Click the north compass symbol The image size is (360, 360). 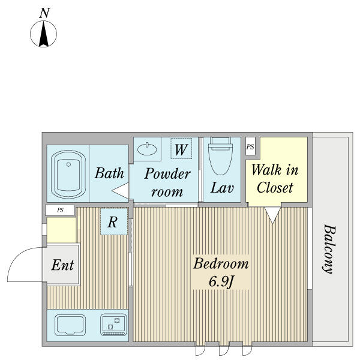coord(43,34)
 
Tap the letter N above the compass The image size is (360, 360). coord(44,13)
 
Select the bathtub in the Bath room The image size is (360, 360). coord(68,174)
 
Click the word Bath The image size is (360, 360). coord(109,173)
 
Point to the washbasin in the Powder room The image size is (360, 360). coord(147,149)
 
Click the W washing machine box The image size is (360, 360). coord(181,148)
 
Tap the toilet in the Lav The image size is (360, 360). coord(220,156)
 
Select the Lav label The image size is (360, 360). coord(222,188)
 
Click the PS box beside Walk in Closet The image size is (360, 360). coord(250,146)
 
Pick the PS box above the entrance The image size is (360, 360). coord(60,210)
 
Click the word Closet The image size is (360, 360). coord(275,188)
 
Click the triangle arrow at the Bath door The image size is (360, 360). coord(121,191)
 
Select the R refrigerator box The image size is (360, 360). coord(114,221)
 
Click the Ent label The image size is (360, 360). coord(62,265)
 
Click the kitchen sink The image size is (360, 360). coord(70,325)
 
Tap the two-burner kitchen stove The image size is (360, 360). coord(113,325)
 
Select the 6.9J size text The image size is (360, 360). coord(221,282)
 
